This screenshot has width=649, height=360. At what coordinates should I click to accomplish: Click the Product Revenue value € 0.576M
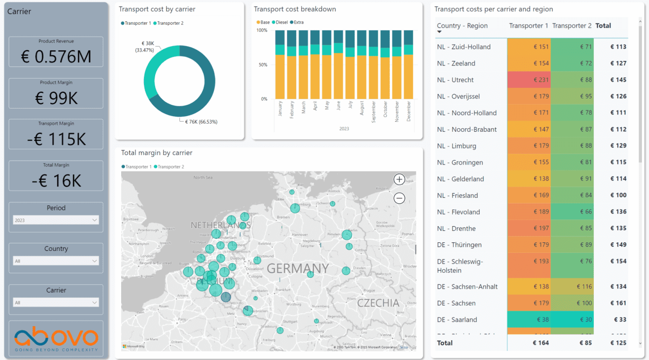click(56, 57)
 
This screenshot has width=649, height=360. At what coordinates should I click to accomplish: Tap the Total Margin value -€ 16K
click(56, 181)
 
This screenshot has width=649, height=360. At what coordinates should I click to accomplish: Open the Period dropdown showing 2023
click(56, 220)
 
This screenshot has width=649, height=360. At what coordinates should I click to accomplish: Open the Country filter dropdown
click(56, 261)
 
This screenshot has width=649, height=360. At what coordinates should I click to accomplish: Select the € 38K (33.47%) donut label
click(145, 47)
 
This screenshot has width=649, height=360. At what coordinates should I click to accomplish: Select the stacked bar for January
click(280, 65)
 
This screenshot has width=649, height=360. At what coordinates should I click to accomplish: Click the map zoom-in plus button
click(399, 179)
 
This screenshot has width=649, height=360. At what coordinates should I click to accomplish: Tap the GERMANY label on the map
click(298, 268)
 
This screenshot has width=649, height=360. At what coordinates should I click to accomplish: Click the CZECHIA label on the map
click(378, 303)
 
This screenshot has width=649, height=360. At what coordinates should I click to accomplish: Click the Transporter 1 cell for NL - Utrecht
click(528, 80)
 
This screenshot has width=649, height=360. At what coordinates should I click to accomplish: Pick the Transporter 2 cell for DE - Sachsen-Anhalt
click(572, 286)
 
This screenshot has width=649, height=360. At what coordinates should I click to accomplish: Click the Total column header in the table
click(603, 26)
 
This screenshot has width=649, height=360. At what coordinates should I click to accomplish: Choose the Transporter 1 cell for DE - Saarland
click(528, 319)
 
